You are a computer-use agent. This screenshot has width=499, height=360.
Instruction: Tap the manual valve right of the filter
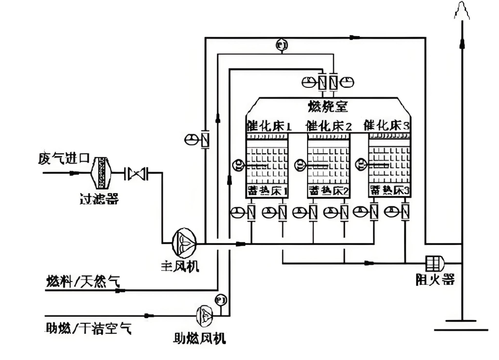pos(137,173)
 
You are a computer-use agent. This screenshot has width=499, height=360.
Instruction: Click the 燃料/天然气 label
pos(82,282)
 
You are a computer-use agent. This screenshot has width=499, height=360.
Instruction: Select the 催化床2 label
pos(329,125)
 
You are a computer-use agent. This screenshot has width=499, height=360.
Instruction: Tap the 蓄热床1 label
pos(267,190)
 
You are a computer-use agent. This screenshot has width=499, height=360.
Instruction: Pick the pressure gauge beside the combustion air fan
pos(220,299)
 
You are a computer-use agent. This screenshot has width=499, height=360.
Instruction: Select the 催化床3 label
pos(388,125)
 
